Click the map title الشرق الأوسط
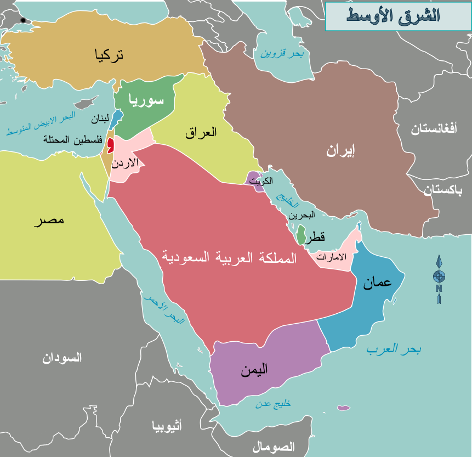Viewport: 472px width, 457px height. [393, 15]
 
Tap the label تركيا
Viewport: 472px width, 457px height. [109, 54]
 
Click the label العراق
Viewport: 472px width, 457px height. [201, 132]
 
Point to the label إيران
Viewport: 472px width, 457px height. [340, 151]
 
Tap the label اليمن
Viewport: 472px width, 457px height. [254, 370]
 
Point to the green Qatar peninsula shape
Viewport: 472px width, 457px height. [301, 234]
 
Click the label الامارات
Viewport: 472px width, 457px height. [332, 257]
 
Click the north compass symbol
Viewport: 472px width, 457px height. [439, 278]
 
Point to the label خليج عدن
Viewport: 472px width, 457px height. [273, 403]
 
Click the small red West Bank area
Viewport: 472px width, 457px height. [111, 145]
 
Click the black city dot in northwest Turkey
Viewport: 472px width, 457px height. [23, 20]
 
